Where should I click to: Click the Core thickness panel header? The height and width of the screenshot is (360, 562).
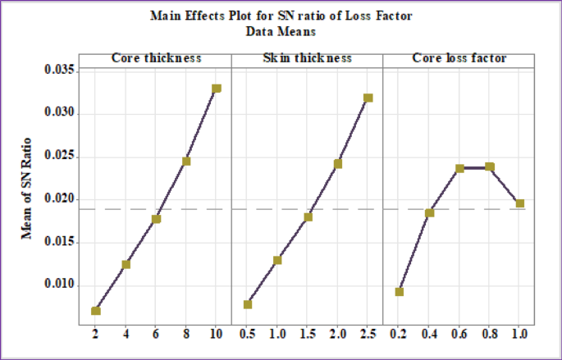click(x=156, y=58)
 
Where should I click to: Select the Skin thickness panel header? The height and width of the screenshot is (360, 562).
click(x=308, y=58)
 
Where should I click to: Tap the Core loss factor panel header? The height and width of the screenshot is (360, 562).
click(x=459, y=58)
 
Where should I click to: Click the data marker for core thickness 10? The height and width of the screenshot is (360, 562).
click(x=217, y=88)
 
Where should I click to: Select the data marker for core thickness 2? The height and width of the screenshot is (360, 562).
click(x=96, y=310)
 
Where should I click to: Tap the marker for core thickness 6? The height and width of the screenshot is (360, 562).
click(x=156, y=219)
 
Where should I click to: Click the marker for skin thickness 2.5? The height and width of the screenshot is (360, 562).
click(x=368, y=98)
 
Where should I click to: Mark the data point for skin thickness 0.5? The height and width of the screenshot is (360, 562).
click(x=248, y=304)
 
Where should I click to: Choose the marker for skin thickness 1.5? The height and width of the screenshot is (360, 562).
click(x=308, y=216)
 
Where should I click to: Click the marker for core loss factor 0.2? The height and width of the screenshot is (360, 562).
click(x=400, y=291)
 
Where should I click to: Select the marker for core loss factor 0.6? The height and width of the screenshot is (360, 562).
click(x=460, y=168)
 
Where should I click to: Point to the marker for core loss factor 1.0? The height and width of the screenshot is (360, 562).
click(x=520, y=203)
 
